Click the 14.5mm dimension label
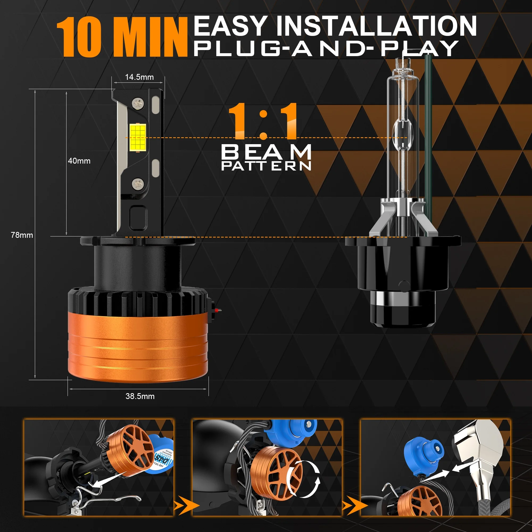point(139,77)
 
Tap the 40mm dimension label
point(79,161)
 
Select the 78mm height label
point(22,235)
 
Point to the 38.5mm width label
point(140,396)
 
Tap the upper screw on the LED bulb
point(138,103)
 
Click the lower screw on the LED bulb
point(138,183)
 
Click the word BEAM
point(266,152)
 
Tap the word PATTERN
point(266,166)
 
